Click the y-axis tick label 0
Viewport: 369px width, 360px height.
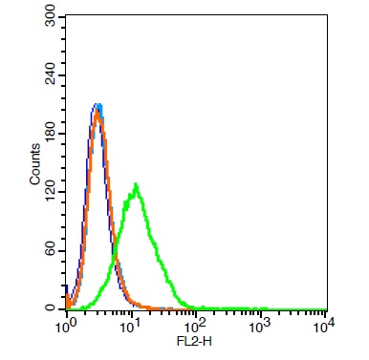pos(51,308)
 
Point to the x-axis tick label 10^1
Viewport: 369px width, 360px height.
pos(130,328)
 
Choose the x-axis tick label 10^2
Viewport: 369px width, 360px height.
pos(195,328)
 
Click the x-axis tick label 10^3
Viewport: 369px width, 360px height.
pos(260,328)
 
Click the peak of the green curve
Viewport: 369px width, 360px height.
pos(137,184)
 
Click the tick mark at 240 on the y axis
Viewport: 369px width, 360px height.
pos(63,77)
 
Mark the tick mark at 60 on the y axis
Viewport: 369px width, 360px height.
pos(63,251)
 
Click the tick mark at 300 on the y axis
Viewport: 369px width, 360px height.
pos(63,19)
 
